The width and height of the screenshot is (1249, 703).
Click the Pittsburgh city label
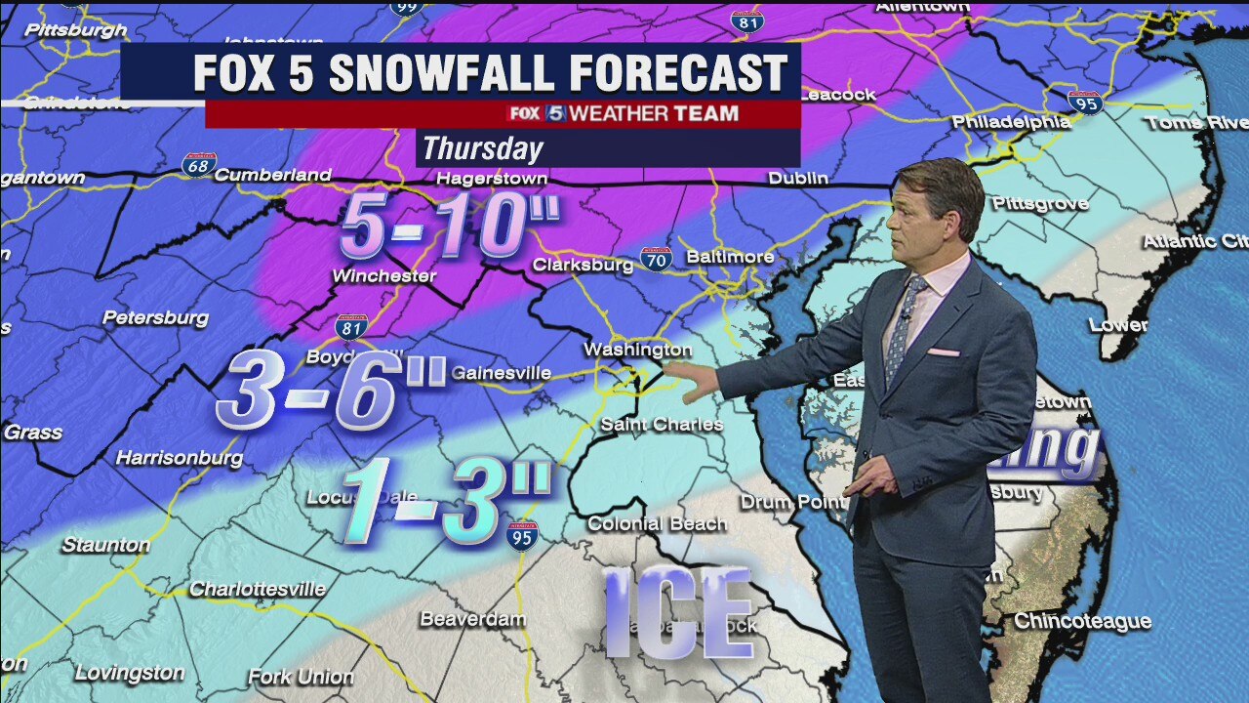(76, 30)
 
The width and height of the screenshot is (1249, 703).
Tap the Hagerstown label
(491, 179)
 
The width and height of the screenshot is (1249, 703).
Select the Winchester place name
(383, 276)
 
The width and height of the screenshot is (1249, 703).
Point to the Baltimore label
(730, 257)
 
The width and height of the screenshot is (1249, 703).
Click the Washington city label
(637, 350)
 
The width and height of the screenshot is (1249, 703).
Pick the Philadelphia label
(1011, 122)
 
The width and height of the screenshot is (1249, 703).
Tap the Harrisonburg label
(180, 457)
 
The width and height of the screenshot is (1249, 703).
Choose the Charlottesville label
(257, 589)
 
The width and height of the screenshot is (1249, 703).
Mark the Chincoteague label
(1082, 621)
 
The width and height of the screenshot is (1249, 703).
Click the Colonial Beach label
(657, 523)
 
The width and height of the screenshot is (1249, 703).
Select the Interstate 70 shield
(656, 259)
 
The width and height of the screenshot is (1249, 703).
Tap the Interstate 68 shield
(199, 164)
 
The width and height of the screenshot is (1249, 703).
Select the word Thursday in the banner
(482, 148)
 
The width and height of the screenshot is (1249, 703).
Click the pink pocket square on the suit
(943, 352)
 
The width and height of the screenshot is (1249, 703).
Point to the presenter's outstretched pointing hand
(697, 382)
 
